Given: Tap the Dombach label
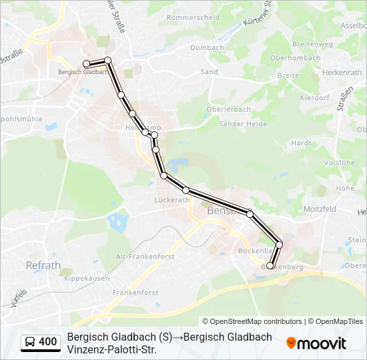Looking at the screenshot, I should tap(207, 48).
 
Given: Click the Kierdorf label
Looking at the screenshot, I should tap(314, 97).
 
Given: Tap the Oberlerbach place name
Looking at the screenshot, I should tap(229, 109).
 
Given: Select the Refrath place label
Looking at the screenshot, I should tap(43, 265).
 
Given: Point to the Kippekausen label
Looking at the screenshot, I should tap(87, 279).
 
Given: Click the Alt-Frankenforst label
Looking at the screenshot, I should tap(145, 256).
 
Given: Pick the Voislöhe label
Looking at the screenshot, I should tap(338, 163).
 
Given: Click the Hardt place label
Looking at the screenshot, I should tap(302, 143).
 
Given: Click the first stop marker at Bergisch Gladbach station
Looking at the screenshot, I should tap(86, 63).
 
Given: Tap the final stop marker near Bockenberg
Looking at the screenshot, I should tap(270, 265).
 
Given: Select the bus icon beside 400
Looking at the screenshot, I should tap(30, 342).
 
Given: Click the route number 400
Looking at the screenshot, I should tap(48, 342).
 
